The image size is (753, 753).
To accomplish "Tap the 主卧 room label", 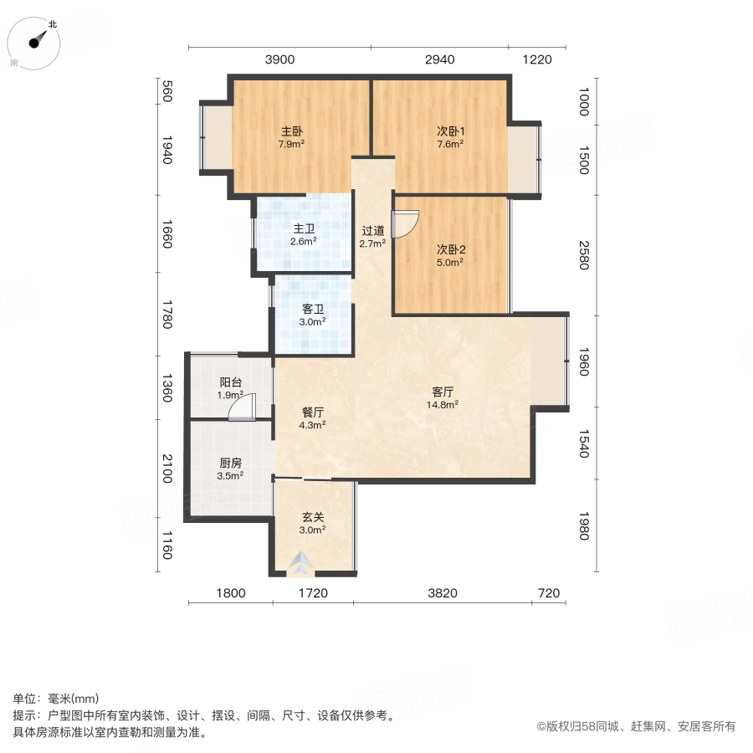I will pyautogui.click(x=291, y=131).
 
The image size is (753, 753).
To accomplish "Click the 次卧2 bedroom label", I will pyautogui.click(x=450, y=249).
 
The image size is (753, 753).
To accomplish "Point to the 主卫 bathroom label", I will pyautogui.click(x=303, y=230).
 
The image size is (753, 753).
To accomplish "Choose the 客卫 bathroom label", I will pyautogui.click(x=313, y=309).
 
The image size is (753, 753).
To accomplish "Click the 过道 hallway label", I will pyautogui.click(x=372, y=232).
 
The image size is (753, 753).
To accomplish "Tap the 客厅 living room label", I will pyautogui.click(x=443, y=392).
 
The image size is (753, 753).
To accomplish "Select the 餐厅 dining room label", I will pyautogui.click(x=313, y=412).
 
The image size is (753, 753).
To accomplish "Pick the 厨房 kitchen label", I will pyautogui.click(x=230, y=464).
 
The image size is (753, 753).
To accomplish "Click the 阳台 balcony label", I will pyautogui.click(x=230, y=382).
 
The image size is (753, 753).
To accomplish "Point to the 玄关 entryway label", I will pyautogui.click(x=313, y=516).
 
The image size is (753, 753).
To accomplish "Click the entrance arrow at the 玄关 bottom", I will pyautogui.click(x=300, y=565).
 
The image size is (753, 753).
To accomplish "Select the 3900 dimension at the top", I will pyautogui.click(x=279, y=59).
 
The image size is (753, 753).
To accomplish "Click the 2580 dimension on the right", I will pyautogui.click(x=584, y=255).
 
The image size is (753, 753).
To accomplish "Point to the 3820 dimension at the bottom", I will pyautogui.click(x=443, y=594).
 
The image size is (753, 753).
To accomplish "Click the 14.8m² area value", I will pyautogui.click(x=443, y=404).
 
